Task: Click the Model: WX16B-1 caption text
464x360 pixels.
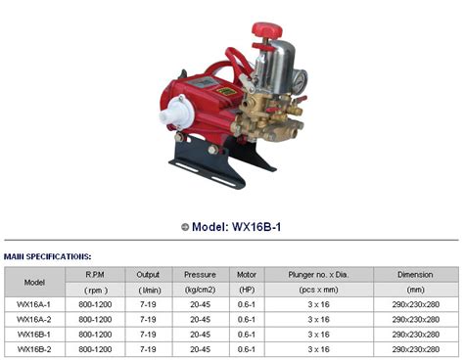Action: pyautogui.click(x=238, y=227)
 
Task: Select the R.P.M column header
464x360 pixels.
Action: pyautogui.click(x=96, y=275)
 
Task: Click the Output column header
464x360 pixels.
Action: pyautogui.click(x=150, y=275)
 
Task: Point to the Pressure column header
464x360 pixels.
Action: pyautogui.click(x=200, y=275)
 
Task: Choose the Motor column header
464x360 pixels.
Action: pyautogui.click(x=246, y=275)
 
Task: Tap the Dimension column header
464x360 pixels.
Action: pyautogui.click(x=415, y=275)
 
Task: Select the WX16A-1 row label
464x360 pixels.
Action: pyautogui.click(x=34, y=304)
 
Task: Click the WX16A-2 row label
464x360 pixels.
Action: pyautogui.click(x=34, y=319)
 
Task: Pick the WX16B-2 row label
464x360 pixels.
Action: pyautogui.click(x=34, y=348)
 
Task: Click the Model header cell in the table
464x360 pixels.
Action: pyautogui.click(x=34, y=282)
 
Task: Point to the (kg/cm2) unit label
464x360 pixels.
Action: pyautogui.click(x=200, y=290)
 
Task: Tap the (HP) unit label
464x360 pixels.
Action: pyautogui.click(x=246, y=290)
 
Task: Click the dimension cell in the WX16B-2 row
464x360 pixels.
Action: pyautogui.click(x=415, y=348)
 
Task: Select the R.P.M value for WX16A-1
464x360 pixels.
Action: pyautogui.click(x=96, y=304)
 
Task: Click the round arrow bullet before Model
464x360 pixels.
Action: pyautogui.click(x=185, y=227)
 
